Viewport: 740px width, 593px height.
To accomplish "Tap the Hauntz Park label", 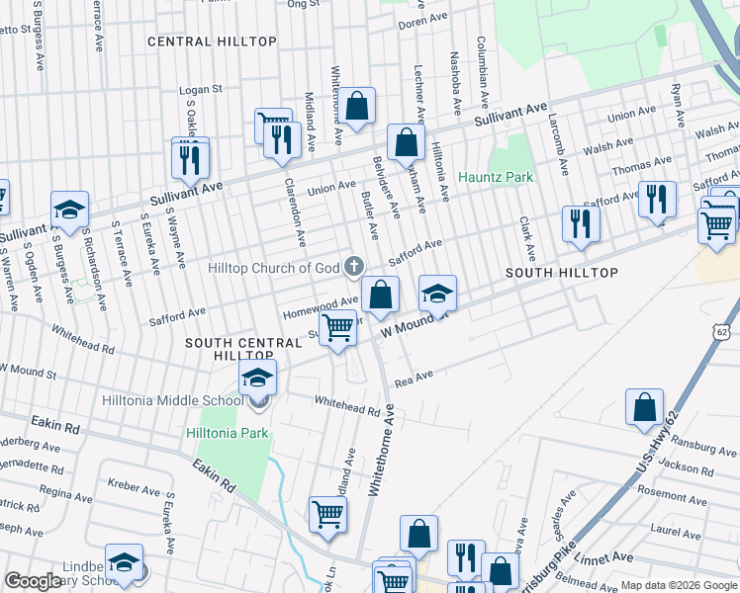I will (x=496, y=177).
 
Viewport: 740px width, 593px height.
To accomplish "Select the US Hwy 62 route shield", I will (x=720, y=332).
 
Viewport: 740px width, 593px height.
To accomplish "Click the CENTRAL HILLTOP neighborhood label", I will (x=212, y=42).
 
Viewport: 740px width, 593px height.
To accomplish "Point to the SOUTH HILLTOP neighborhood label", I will (x=562, y=273).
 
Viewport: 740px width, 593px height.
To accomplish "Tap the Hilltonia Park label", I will (x=226, y=433).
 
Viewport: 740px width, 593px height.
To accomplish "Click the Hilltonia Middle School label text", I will (x=172, y=400).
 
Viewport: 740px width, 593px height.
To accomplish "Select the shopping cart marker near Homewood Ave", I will (x=338, y=327).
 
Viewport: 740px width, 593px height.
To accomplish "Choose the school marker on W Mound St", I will (x=437, y=293).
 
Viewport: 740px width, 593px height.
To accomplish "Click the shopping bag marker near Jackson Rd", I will (x=644, y=406).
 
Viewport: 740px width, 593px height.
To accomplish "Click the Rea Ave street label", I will (x=415, y=377).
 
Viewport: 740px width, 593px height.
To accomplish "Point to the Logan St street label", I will (x=201, y=89).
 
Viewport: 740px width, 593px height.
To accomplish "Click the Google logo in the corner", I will (x=32, y=581).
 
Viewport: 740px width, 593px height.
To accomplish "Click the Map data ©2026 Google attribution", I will (x=679, y=585).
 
